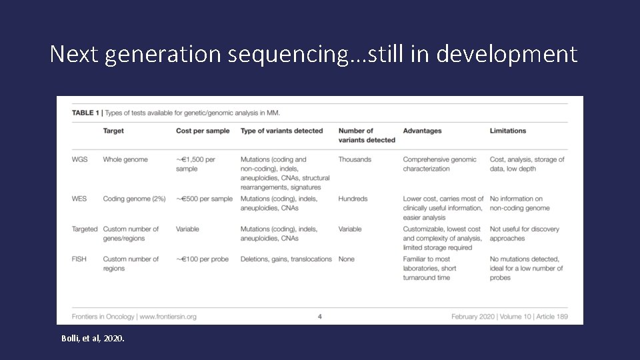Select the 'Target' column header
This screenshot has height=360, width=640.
tap(113, 131)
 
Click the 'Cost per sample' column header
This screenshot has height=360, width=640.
tap(203, 131)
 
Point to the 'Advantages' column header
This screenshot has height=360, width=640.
tap(422, 131)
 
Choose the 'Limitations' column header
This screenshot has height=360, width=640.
tap(508, 131)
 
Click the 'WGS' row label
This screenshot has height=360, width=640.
tap(81, 159)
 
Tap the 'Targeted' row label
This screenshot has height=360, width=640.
tap(85, 229)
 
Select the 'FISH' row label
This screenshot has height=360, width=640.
tap(80, 259)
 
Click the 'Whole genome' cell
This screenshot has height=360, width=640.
tap(125, 159)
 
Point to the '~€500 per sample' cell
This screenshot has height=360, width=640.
tap(204, 199)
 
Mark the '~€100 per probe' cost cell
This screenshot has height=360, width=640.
tap(202, 259)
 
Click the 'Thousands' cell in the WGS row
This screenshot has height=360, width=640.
tap(355, 159)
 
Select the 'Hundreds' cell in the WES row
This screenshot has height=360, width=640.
tap(354, 199)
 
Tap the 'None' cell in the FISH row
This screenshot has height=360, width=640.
tap(346, 259)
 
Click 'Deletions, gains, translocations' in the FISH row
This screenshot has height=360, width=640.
tap(286, 259)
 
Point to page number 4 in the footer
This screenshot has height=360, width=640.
tap(320, 316)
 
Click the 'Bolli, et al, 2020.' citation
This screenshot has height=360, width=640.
tap(93, 339)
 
